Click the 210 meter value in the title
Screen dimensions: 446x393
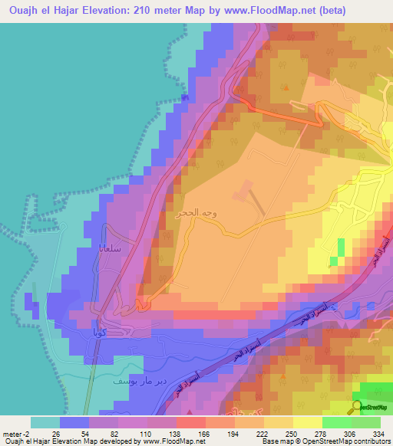pyautogui.click(x=163, y=11)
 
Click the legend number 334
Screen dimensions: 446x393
pyautogui.click(x=376, y=433)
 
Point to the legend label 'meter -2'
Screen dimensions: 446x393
pyautogui.click(x=16, y=433)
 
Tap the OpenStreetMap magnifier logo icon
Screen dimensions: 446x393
pyautogui.click(x=358, y=407)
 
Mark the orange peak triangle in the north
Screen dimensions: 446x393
pyautogui.click(x=286, y=87)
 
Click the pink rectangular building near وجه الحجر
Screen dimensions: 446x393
pyautogui.click(x=246, y=189)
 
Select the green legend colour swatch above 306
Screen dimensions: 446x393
pyautogui.click(x=337, y=422)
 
